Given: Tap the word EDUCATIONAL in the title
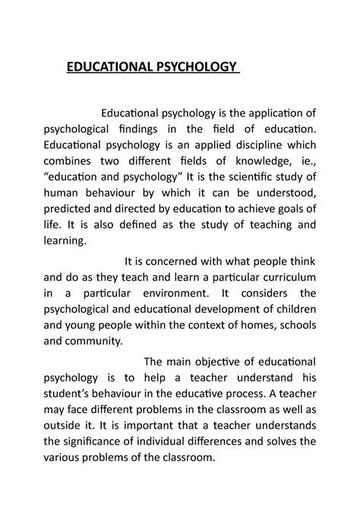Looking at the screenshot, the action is (109, 69).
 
